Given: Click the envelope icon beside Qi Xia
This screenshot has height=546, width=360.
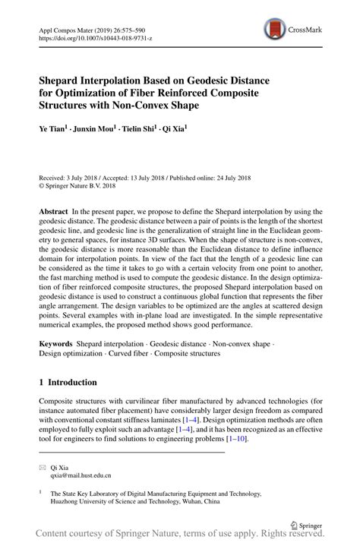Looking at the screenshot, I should pyautogui.click(x=43, y=468).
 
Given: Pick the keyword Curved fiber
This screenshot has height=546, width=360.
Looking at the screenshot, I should pyautogui.click(x=131, y=355).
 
